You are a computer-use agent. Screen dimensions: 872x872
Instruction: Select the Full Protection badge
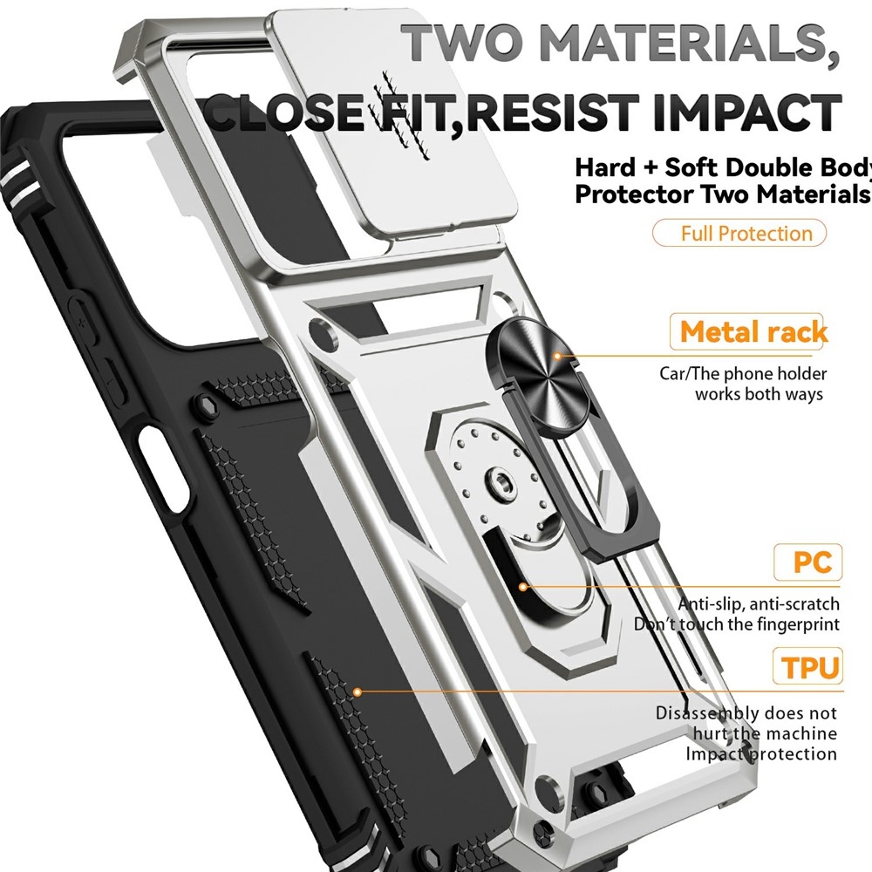739,234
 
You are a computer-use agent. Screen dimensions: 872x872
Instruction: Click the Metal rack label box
750,332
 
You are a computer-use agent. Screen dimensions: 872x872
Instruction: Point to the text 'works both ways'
759,394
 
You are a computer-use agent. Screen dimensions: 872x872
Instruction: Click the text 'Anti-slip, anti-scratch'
759,603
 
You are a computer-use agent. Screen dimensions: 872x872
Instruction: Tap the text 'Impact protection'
760,754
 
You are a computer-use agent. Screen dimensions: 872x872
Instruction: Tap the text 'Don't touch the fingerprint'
737,624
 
